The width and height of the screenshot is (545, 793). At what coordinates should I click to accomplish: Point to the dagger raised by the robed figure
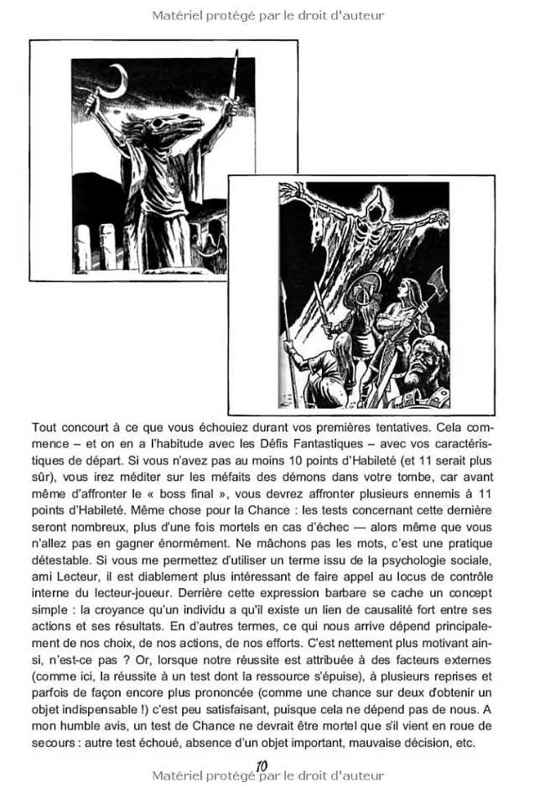(x=232, y=80)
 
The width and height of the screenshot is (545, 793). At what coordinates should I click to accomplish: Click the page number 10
(x=261, y=765)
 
